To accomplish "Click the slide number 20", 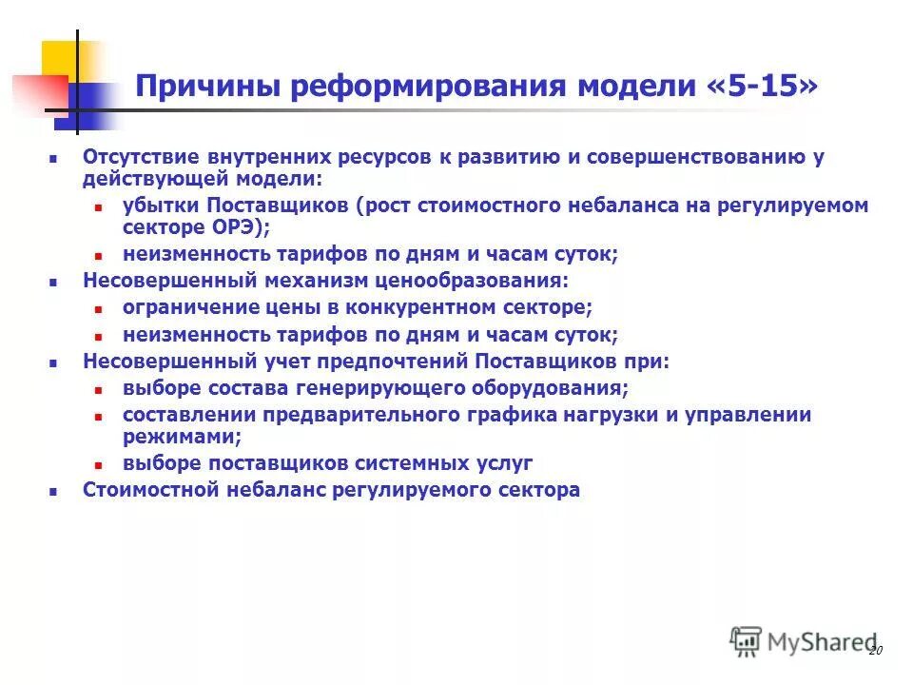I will pyautogui.click(x=876, y=650).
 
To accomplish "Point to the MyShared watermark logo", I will pyautogui.click(x=804, y=642).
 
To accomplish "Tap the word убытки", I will pyautogui.click(x=156, y=205).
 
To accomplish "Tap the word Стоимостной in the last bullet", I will pyautogui.click(x=143, y=490).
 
